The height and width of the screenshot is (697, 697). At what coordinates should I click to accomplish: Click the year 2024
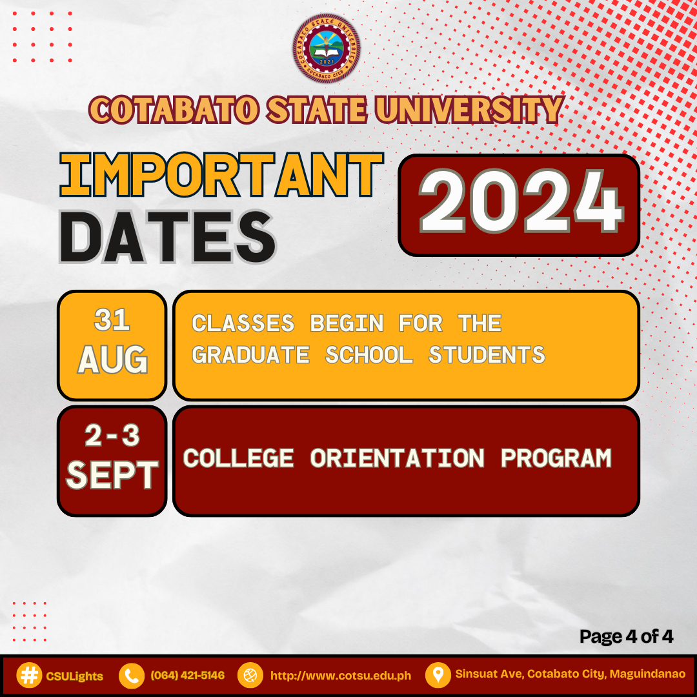(520, 205)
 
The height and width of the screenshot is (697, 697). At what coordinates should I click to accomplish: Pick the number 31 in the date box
(112, 319)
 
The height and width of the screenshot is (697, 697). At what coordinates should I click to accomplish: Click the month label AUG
(112, 361)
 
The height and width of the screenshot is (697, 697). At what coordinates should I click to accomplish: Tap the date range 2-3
(112, 436)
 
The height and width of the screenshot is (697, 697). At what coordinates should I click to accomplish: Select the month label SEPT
(112, 476)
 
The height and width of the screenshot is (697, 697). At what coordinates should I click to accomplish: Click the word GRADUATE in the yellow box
(250, 355)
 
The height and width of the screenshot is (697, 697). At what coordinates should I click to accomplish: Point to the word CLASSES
(243, 323)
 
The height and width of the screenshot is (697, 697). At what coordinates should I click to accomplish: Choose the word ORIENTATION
(397, 458)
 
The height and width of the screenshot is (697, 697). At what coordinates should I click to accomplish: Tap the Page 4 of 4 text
(626, 637)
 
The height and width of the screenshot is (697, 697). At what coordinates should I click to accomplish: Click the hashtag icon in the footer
(28, 676)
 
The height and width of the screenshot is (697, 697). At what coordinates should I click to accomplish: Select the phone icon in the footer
(132, 676)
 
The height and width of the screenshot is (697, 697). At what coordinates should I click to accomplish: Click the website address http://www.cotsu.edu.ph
(340, 676)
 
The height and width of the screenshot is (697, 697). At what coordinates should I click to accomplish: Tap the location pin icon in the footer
(438, 676)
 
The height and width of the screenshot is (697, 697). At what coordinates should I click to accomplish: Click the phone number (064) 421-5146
(187, 676)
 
